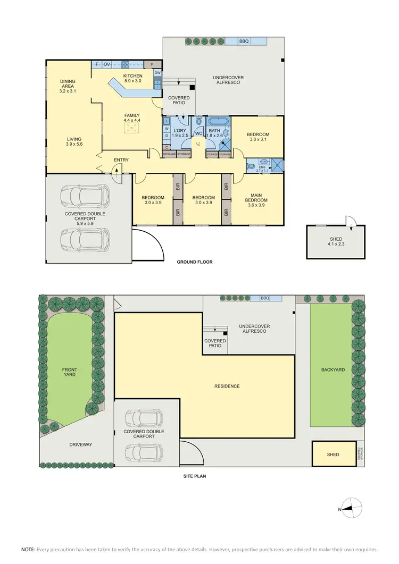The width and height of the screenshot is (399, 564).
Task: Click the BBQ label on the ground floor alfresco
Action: tap(244, 41)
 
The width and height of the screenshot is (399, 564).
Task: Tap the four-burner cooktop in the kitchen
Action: tap(126, 65)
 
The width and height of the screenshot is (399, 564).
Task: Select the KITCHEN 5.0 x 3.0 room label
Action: tap(132, 79)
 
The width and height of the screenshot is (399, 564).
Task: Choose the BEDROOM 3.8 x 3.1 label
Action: tap(258, 137)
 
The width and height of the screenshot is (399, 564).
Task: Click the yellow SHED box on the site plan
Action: tap(333, 454)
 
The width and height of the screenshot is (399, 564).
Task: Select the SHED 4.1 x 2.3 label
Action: tap(336, 242)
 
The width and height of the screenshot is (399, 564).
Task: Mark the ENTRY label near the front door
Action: tap(121, 159)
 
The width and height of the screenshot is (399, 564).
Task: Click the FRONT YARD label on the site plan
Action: tap(69, 372)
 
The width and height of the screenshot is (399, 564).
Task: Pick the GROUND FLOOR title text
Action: tap(195, 262)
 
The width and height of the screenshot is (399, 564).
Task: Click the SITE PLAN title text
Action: tap(191, 476)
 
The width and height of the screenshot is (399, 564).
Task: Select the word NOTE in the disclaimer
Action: tap(28, 549)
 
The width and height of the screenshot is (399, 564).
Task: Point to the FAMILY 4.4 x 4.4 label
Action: tap(132, 117)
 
